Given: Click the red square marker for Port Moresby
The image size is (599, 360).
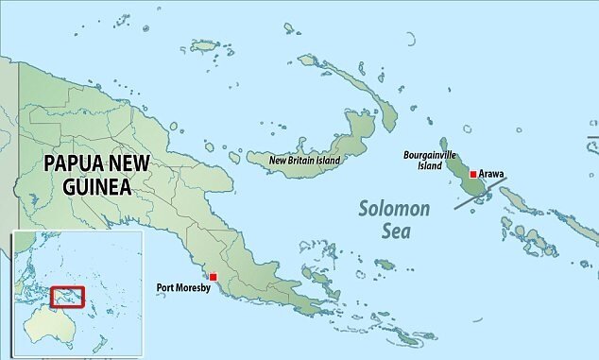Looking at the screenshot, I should pos(214,277).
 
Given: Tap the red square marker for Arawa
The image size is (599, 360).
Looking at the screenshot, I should pos(473,174).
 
